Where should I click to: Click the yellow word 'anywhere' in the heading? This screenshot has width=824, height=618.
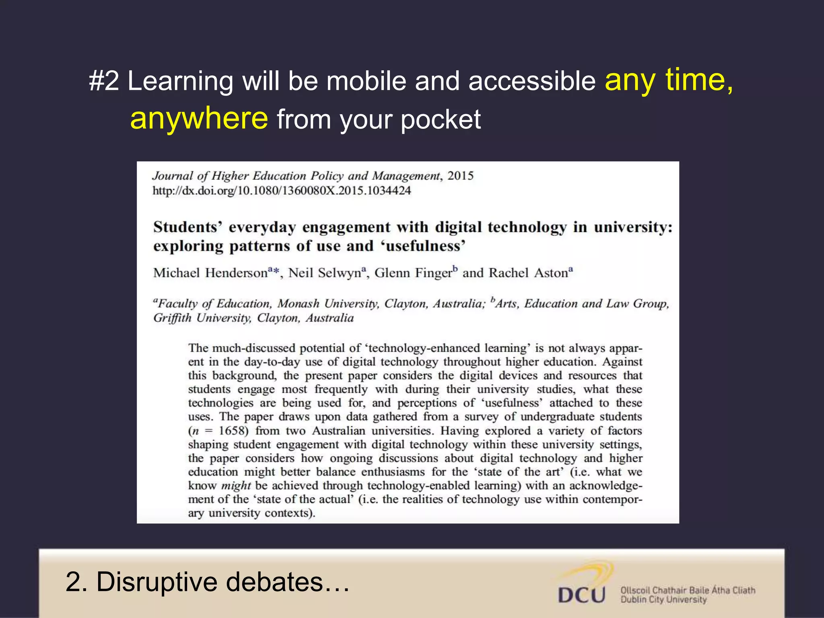pos(199,119)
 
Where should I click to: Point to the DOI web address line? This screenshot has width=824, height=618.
pos(282,191)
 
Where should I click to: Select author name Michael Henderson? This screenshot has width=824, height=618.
pos(210,273)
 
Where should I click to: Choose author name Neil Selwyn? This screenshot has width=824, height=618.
pos(325,273)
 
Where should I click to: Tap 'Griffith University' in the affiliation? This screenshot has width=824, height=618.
pos(202,318)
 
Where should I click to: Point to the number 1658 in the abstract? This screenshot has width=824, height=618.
pos(231,431)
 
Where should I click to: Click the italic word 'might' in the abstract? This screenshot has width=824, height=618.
pos(236,486)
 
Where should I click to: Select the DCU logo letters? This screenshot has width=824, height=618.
pos(581,595)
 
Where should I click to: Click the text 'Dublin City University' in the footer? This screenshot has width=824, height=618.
pos(663,600)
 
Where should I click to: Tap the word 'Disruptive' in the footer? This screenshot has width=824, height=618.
pos(157,582)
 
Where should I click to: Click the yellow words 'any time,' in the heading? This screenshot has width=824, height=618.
pos(669,80)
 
